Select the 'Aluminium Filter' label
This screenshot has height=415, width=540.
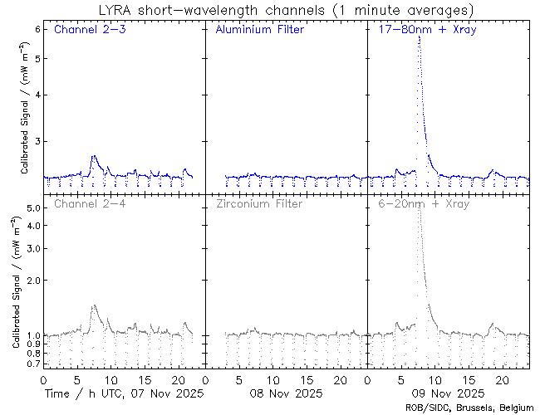(x=259, y=31)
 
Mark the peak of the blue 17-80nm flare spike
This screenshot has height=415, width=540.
(x=419, y=37)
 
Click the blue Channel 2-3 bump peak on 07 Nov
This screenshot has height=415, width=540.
(x=93, y=156)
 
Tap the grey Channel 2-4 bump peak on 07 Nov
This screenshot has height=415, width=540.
(x=94, y=305)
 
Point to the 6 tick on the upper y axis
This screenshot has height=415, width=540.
(x=38, y=28)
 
